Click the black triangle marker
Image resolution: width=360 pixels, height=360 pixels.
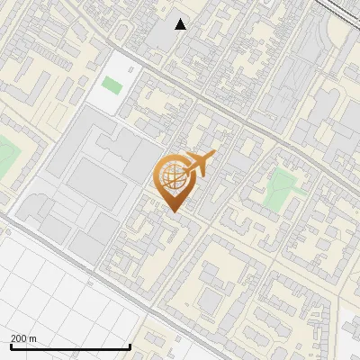181,24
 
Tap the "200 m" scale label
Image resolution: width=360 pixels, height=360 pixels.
23,337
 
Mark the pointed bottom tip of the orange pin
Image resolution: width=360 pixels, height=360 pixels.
173,211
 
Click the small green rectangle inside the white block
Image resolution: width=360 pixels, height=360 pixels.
112,85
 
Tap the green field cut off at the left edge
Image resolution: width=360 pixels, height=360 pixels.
5,157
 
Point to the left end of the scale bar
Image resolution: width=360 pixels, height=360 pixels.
11,346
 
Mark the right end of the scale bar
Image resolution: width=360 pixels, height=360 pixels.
130,346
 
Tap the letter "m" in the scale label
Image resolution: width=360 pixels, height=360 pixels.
33,337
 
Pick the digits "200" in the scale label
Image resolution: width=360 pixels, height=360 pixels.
19,337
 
